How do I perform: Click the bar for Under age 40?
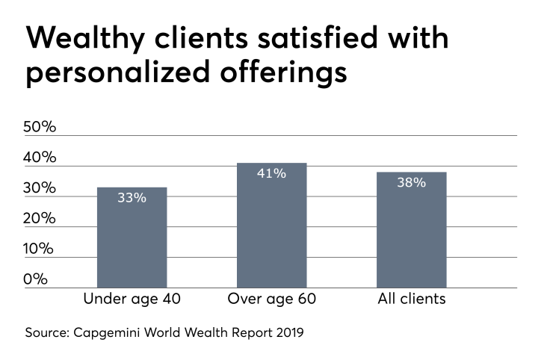132,238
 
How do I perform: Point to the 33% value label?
132,198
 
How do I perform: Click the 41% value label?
271,173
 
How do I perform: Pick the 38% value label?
411,182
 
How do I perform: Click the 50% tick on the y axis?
41,127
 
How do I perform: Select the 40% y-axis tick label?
41,158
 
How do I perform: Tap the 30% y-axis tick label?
41,188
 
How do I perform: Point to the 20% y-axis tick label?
41,219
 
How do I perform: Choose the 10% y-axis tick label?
41,249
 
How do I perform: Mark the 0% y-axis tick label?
36,279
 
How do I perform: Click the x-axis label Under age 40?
132,300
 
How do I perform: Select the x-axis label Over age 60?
271,300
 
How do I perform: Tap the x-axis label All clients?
412,300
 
